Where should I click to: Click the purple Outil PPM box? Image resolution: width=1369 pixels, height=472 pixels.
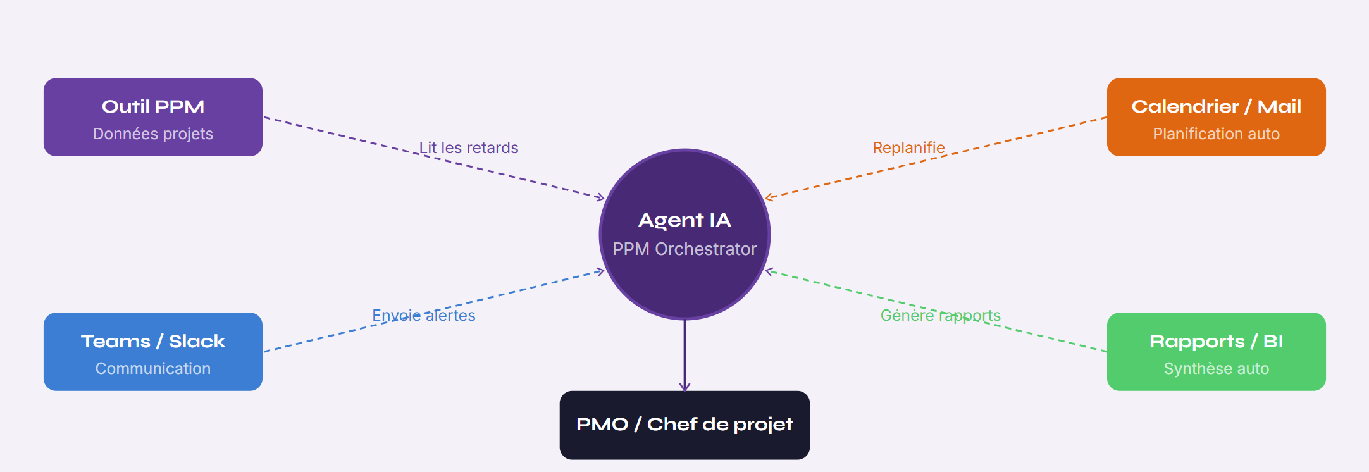[x=153, y=117]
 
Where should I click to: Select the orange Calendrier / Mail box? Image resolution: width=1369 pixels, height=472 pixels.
[x=1216, y=117]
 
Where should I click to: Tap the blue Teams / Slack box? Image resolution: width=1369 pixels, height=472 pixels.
[x=153, y=352]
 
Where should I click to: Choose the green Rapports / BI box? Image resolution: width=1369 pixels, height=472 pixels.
[x=1216, y=352]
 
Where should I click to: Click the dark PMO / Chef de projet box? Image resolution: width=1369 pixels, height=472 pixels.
[x=684, y=425]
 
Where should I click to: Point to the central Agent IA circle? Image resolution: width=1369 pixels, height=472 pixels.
[x=684, y=234]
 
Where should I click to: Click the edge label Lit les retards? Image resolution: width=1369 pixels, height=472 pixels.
[x=469, y=148]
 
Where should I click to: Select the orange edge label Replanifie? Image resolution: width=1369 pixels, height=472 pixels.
[x=908, y=148]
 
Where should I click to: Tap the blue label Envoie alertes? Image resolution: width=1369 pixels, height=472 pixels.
[x=424, y=315]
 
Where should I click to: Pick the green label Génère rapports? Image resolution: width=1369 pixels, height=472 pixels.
[x=941, y=315]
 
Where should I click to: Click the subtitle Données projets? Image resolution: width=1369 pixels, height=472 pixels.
[x=153, y=134]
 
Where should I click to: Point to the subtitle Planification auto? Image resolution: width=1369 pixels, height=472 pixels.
[x=1216, y=134]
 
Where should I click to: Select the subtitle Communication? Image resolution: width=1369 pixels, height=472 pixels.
[x=153, y=368]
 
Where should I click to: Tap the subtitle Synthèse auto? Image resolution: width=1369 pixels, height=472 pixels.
[x=1216, y=368]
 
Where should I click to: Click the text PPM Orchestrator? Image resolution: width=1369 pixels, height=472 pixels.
[x=684, y=249]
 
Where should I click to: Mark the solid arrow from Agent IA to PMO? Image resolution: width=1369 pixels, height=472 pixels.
[x=684, y=356]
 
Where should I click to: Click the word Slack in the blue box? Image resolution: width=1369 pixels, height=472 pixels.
[x=197, y=342]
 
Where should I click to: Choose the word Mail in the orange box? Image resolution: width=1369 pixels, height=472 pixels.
[x=1279, y=106]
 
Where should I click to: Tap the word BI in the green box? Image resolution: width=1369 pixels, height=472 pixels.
[x=1273, y=342]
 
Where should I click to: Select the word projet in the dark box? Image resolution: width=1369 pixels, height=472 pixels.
[x=764, y=425]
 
